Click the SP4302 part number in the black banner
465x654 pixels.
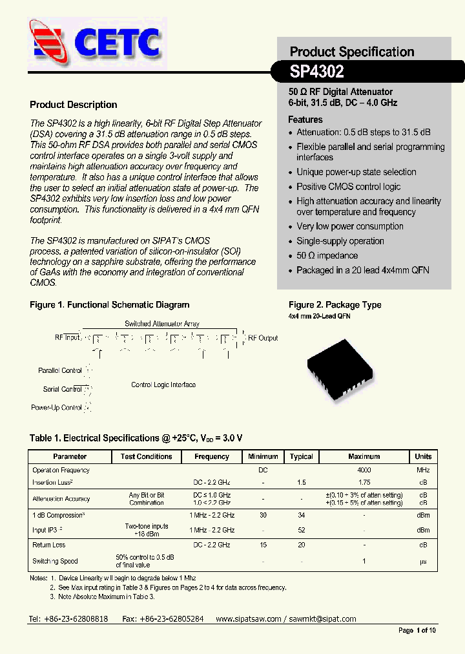(316, 70)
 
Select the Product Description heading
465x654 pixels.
(74, 105)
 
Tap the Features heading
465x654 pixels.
(305, 120)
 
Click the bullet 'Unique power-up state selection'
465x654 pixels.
(356, 172)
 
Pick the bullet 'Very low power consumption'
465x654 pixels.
(349, 226)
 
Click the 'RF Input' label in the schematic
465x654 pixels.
(67, 337)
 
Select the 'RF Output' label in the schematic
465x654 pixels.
(263, 338)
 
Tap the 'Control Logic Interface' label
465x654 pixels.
(163, 385)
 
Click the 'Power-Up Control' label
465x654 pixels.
(56, 408)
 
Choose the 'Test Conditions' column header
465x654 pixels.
(146, 456)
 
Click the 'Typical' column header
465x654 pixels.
(301, 456)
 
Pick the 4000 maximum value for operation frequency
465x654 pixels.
(364, 470)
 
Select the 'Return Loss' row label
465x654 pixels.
(49, 545)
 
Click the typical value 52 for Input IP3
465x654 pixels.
(301, 530)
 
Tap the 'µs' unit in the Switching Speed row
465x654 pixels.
(423, 561)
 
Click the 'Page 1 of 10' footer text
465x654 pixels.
(417, 630)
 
